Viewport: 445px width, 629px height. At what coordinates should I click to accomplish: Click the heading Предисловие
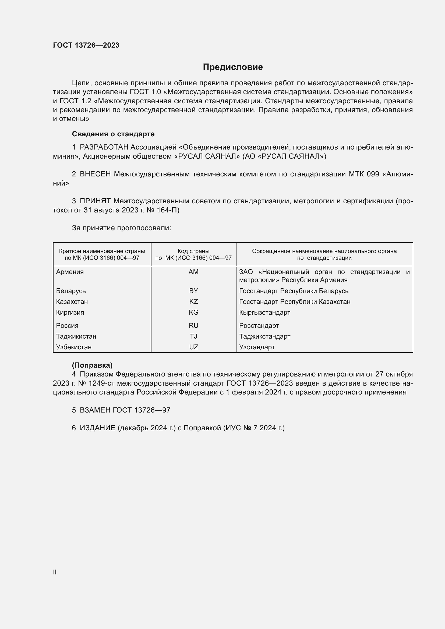(x=233, y=67)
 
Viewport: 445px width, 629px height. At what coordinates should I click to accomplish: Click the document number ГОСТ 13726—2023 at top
(x=86, y=45)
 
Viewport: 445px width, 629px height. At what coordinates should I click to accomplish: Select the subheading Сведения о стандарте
(x=113, y=134)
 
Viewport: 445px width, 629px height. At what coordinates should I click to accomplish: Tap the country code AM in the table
(x=193, y=272)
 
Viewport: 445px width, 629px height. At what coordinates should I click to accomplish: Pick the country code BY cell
(x=193, y=291)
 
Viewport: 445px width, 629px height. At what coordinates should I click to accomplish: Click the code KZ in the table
(x=193, y=302)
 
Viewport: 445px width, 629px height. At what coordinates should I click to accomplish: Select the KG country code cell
(x=193, y=312)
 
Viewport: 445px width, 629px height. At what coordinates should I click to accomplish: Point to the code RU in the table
(x=193, y=325)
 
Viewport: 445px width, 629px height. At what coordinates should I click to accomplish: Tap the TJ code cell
(x=193, y=336)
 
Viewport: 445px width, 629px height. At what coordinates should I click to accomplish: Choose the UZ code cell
(x=193, y=347)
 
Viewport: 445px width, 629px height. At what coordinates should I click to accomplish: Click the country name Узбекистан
(x=74, y=347)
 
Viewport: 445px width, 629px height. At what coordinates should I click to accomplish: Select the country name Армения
(x=70, y=272)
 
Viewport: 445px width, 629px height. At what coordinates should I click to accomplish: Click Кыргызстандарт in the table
(x=264, y=312)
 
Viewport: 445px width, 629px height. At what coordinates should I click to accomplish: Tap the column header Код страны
(x=193, y=251)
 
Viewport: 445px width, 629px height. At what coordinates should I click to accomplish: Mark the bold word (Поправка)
(x=92, y=365)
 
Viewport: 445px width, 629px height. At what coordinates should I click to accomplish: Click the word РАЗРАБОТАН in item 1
(x=104, y=147)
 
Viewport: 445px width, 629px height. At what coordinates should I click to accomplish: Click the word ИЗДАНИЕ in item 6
(x=97, y=428)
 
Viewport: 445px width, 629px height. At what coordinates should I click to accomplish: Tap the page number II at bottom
(x=55, y=572)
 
